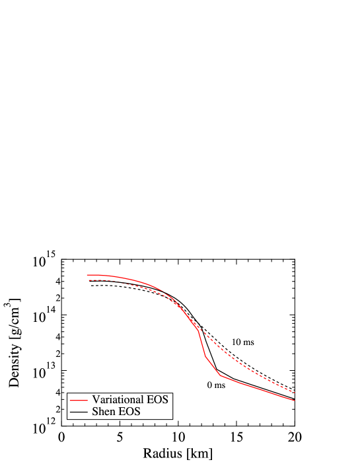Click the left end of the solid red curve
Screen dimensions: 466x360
pyautogui.click(x=87, y=275)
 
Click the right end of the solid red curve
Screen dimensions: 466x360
pyautogui.click(x=294, y=400)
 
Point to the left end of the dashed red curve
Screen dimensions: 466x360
pyautogui.click(x=87, y=280)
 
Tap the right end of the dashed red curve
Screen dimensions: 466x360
pyautogui.click(x=294, y=393)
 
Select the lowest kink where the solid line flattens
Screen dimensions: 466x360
pyautogui.click(x=221, y=375)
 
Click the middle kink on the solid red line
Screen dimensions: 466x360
pyautogui.click(x=205, y=356)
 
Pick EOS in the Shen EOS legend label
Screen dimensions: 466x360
pyautogui.click(x=130, y=412)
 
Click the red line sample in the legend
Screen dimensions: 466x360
pyautogui.click(x=79, y=401)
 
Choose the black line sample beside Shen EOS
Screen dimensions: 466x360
pyautogui.click(x=79, y=412)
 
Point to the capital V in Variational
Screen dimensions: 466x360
pyautogui.click(x=96, y=400)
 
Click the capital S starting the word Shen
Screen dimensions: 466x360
pyautogui.click(x=95, y=412)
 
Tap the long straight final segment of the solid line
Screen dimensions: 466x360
pyautogui.click(x=258, y=388)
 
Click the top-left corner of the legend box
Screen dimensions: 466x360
pyautogui.click(x=67, y=393)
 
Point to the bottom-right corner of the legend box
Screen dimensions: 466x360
pyautogui.click(x=174, y=420)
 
